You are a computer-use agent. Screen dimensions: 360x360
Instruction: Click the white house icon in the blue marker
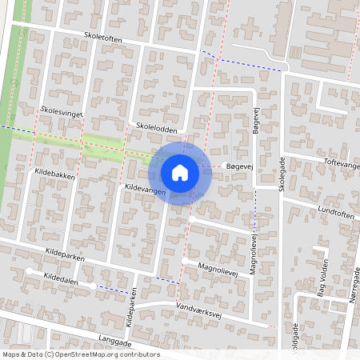click(x=180, y=172)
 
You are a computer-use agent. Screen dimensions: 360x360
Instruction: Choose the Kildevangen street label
click(x=145, y=190)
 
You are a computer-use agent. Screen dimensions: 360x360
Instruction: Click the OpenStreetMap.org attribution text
click(x=107, y=354)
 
